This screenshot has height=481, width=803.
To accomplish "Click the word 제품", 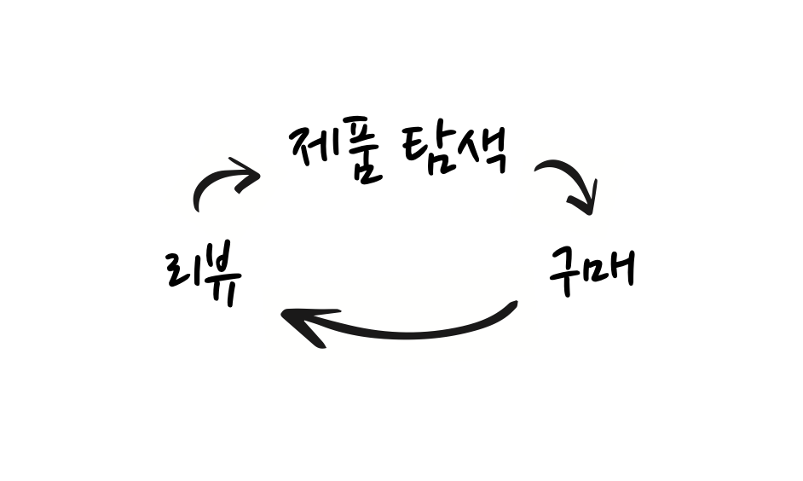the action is click(335, 154).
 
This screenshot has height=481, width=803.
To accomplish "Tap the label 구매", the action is click(590, 270).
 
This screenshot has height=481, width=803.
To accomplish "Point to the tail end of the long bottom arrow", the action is click(513, 306).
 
